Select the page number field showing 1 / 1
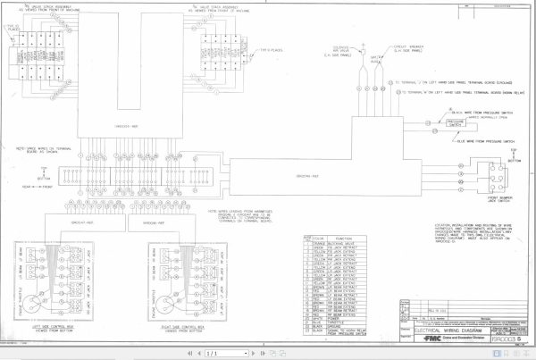click(x=212, y=354)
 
